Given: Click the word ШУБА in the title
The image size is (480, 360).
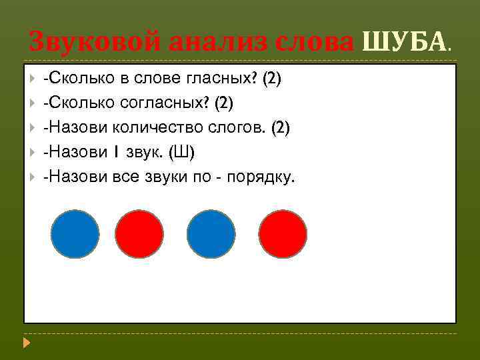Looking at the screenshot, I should pyautogui.click(x=403, y=43).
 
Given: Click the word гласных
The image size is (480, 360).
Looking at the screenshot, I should pyautogui.click(x=223, y=79).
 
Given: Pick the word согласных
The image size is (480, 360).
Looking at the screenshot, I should pyautogui.click(x=174, y=103).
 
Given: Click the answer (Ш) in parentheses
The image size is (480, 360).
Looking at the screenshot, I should pyautogui.click(x=182, y=153).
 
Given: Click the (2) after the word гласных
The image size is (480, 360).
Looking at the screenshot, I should pyautogui.click(x=272, y=79).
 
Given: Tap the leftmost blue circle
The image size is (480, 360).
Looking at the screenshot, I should pyautogui.click(x=75, y=234).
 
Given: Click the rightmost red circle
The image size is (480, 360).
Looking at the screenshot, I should pyautogui.click(x=283, y=234).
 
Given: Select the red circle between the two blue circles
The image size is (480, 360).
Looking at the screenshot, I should pyautogui.click(x=139, y=234).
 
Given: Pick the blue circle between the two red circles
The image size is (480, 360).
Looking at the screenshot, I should pyautogui.click(x=211, y=234).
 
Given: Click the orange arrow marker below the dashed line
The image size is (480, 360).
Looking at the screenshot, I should pyautogui.click(x=26, y=344).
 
